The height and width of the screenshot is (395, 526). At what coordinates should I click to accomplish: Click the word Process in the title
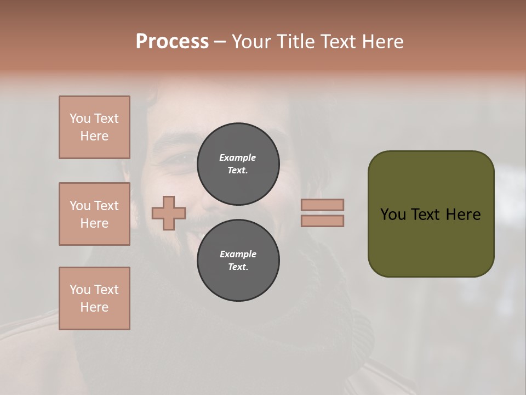click(172, 42)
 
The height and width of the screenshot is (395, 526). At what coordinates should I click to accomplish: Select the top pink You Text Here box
click(94, 127)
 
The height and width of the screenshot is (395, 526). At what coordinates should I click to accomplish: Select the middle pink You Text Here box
click(94, 214)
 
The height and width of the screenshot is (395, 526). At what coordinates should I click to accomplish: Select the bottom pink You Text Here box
click(94, 298)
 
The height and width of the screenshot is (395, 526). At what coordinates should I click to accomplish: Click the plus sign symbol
click(169, 213)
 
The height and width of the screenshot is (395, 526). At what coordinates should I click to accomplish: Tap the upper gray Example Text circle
click(238, 163)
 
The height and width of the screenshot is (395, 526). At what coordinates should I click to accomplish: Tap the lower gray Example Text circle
click(238, 260)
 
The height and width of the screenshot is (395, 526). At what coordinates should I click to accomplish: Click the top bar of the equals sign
click(322, 205)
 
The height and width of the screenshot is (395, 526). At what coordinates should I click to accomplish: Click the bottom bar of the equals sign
click(322, 221)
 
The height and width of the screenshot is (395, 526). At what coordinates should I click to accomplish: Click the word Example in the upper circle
click(238, 157)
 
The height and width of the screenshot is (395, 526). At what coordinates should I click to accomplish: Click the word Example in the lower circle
click(238, 254)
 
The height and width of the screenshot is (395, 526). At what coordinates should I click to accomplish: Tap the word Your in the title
click(249, 42)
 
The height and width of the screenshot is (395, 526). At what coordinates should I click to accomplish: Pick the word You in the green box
click(393, 215)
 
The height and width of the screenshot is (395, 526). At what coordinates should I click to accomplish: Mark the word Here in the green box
click(463, 215)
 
